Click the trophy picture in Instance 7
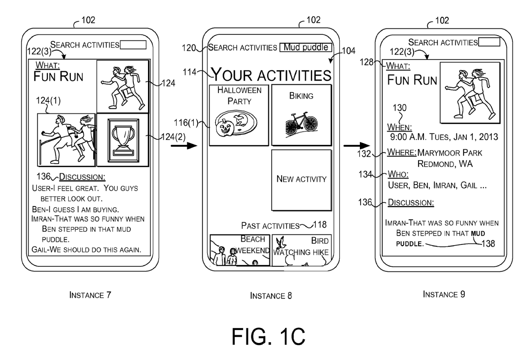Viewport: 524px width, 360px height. [123, 140]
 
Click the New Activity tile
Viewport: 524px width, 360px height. [301, 180]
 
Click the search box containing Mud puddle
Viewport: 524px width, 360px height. [306, 47]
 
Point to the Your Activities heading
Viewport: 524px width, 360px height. [271, 75]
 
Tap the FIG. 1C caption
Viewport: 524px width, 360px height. [268, 336]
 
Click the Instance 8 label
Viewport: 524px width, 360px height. [271, 296]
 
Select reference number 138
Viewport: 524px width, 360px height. [488, 243]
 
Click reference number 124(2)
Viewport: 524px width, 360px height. [173, 137]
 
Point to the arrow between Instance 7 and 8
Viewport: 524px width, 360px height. [184, 145]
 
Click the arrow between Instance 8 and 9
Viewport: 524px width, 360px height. [357, 146]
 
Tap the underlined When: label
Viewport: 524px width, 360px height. [399, 127]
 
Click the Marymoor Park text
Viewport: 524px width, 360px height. [450, 153]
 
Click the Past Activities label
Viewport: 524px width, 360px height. [270, 226]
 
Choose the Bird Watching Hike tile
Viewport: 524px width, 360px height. [301, 250]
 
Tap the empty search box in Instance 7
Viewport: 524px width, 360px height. [133, 45]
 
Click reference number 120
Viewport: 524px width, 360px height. [189, 48]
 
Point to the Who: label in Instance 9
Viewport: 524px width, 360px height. [398, 174]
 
